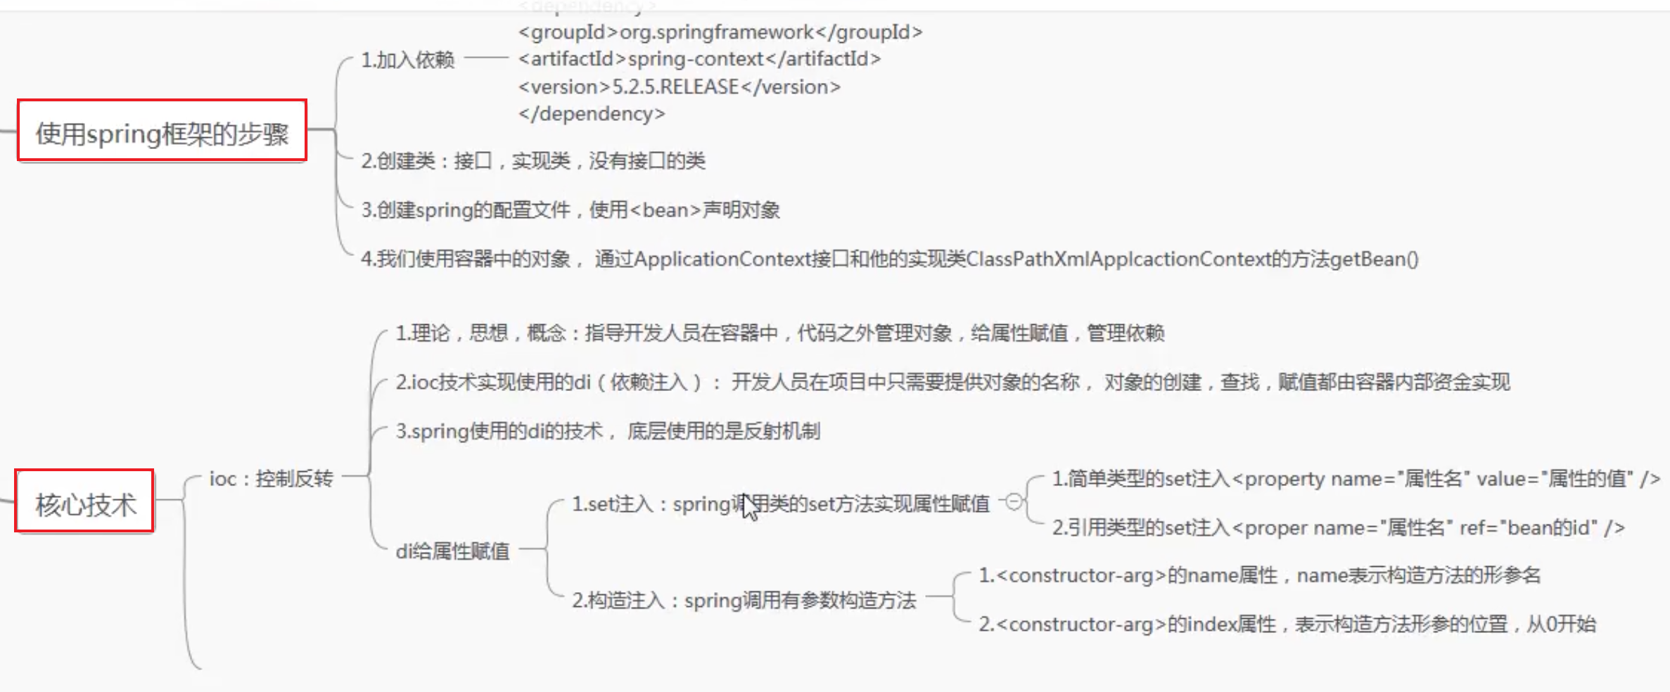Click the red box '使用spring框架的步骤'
click(x=162, y=132)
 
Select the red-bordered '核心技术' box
click(x=84, y=502)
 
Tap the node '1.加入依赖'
click(x=407, y=60)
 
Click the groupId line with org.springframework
click(x=720, y=32)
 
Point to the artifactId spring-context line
click(x=699, y=59)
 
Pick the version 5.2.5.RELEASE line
click(x=679, y=87)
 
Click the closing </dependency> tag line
click(x=591, y=114)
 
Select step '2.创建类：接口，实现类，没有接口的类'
click(x=533, y=161)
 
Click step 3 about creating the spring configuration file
click(x=570, y=210)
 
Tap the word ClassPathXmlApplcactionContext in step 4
click(x=1118, y=259)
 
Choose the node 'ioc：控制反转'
click(x=271, y=479)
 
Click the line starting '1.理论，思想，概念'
click(x=779, y=333)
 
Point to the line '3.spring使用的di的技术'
click(x=607, y=431)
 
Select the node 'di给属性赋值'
click(x=452, y=551)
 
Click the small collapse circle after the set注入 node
click(x=1014, y=501)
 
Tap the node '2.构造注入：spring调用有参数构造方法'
click(x=744, y=601)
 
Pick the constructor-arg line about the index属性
click(x=1287, y=624)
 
